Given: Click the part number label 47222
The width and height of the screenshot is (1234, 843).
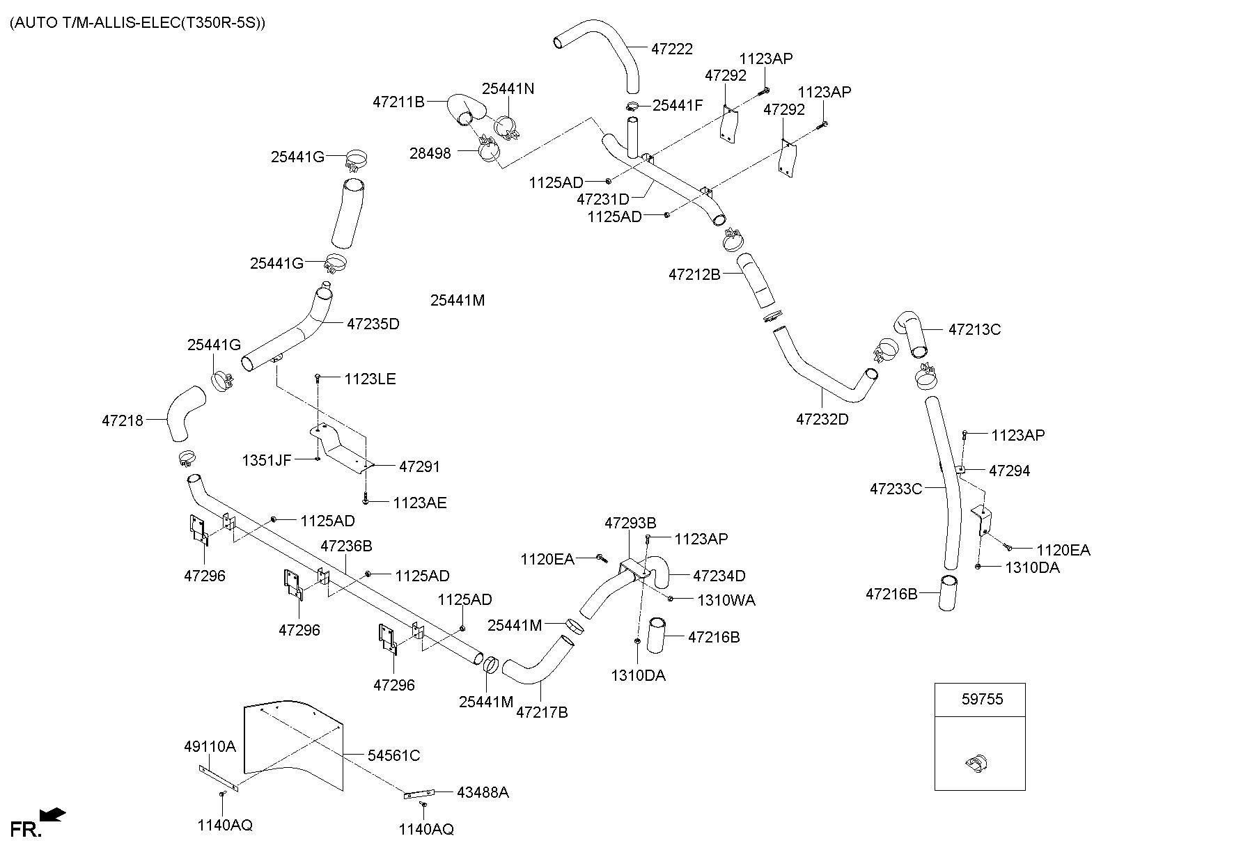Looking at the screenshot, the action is click(672, 49).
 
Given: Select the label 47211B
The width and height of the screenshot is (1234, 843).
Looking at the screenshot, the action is click(398, 102).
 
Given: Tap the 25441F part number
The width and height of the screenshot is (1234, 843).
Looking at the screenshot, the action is click(678, 105).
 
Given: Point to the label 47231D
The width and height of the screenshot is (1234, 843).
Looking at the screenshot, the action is click(603, 199).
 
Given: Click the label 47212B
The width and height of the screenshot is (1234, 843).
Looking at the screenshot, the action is click(694, 274).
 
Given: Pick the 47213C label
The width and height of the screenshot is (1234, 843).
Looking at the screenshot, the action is click(974, 329).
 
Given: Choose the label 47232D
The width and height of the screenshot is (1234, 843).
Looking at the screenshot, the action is click(822, 419).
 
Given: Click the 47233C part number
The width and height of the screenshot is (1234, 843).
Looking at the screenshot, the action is click(896, 489).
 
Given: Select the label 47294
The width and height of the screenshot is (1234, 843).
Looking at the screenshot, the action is click(1009, 471).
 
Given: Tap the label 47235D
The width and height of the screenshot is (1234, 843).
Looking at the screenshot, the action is click(373, 324).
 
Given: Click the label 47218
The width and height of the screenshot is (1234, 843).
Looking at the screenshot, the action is click(123, 420).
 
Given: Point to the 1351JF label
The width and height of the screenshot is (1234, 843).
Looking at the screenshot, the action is click(267, 460).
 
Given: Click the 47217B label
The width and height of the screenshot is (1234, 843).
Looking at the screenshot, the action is click(542, 712).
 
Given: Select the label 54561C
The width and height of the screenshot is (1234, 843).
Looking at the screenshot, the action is click(393, 755).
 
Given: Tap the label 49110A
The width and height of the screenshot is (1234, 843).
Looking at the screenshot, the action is click(210, 747).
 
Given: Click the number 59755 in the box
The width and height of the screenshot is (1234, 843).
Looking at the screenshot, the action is click(983, 699).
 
